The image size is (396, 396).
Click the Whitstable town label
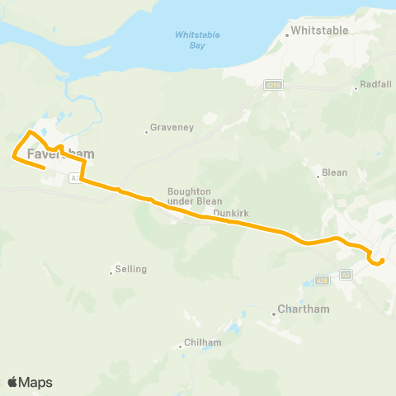(320, 31)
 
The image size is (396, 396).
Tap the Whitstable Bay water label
(190, 40)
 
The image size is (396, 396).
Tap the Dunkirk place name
(230, 213)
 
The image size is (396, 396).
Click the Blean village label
(335, 173)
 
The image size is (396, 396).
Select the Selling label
(131, 269)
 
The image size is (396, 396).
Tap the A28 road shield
(346, 274)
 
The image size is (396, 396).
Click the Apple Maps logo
(30, 382)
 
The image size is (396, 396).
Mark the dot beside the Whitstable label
(286, 35)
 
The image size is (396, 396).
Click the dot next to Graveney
(147, 131)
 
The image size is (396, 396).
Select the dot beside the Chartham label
(275, 313)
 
